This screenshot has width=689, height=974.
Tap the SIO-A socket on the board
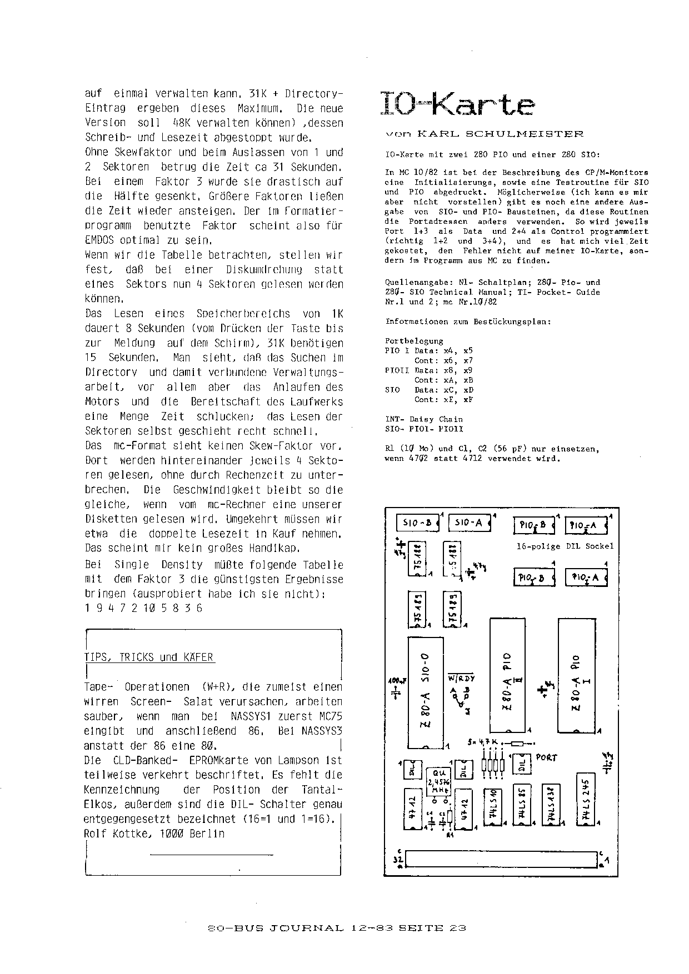468,523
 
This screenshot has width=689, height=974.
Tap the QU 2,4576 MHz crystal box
438,784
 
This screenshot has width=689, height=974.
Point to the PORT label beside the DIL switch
547,757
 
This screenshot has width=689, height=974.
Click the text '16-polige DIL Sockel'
565,546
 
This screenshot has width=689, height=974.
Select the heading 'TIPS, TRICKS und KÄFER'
148,657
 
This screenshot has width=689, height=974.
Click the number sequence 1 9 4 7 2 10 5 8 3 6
143,608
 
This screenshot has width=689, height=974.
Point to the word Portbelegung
414,341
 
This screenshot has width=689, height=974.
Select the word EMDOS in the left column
100,241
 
